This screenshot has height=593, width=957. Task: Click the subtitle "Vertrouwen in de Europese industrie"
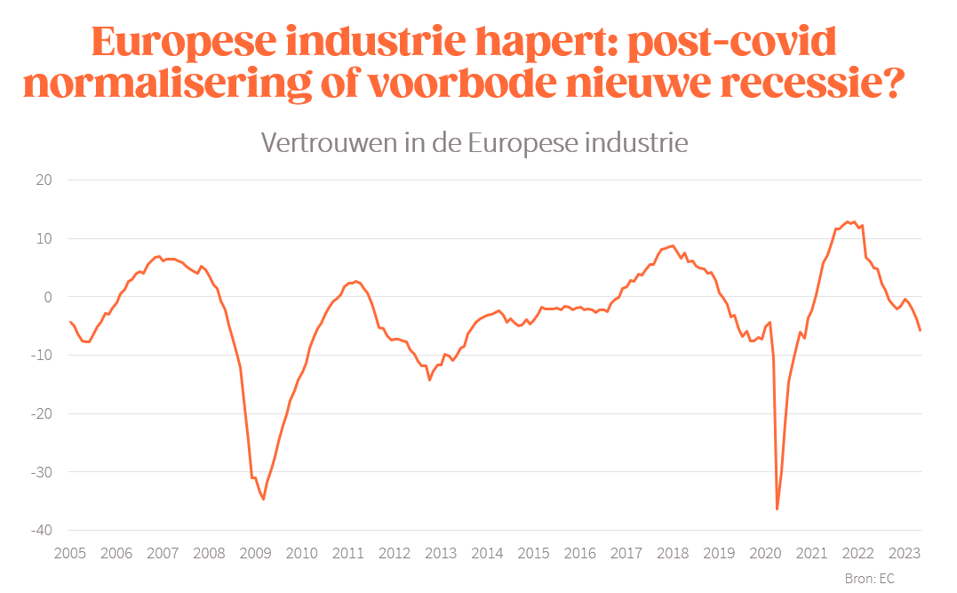pyautogui.click(x=474, y=142)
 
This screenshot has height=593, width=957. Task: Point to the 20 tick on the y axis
pyautogui.click(x=44, y=180)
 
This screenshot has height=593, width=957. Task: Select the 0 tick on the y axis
pyautogui.click(x=48, y=297)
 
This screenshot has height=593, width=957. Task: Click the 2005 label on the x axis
pyautogui.click(x=70, y=553)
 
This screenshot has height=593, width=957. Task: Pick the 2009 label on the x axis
pyautogui.click(x=256, y=553)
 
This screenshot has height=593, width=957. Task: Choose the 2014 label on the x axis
pyautogui.click(x=487, y=553)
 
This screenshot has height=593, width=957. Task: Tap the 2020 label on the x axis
pyautogui.click(x=765, y=553)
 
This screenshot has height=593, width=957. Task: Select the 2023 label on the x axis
pyautogui.click(x=904, y=553)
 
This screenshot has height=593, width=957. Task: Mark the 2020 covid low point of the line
pyautogui.click(x=778, y=509)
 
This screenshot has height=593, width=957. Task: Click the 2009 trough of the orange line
pyautogui.click(x=264, y=500)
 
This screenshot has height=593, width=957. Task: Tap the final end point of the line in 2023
pyautogui.click(x=921, y=331)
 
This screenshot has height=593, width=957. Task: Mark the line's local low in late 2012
pyautogui.click(x=429, y=381)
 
